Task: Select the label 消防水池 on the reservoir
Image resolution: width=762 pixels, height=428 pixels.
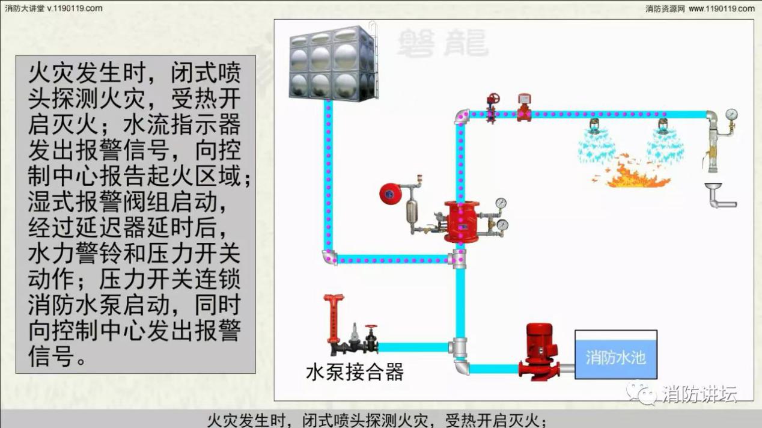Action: (x=615, y=357)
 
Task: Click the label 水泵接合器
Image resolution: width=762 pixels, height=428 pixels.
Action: (x=355, y=372)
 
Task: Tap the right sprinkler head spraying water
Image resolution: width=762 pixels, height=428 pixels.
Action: (x=663, y=127)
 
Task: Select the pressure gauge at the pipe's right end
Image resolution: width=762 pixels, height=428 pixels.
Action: (x=731, y=114)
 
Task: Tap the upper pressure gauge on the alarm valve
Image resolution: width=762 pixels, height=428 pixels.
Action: (x=501, y=203)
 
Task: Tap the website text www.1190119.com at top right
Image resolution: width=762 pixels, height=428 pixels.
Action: (x=721, y=8)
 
